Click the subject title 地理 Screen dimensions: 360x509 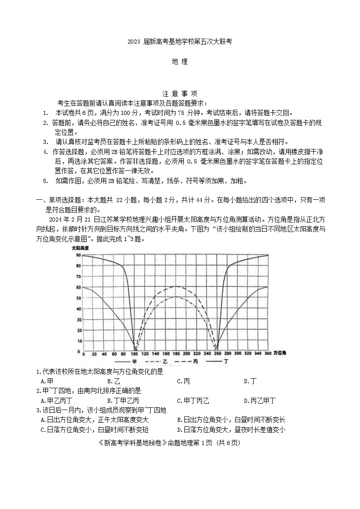tap(180, 62)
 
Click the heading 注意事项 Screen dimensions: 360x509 tap(180, 94)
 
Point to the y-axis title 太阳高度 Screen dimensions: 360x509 tap(80, 249)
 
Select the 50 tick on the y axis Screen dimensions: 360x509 tap(79, 298)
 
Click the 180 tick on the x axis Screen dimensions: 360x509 tap(177, 353)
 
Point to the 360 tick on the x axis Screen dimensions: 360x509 tap(267, 353)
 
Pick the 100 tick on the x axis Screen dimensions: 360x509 tap(135, 353)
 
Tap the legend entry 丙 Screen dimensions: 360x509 tap(196, 361)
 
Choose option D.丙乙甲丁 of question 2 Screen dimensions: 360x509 tap(260, 400)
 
